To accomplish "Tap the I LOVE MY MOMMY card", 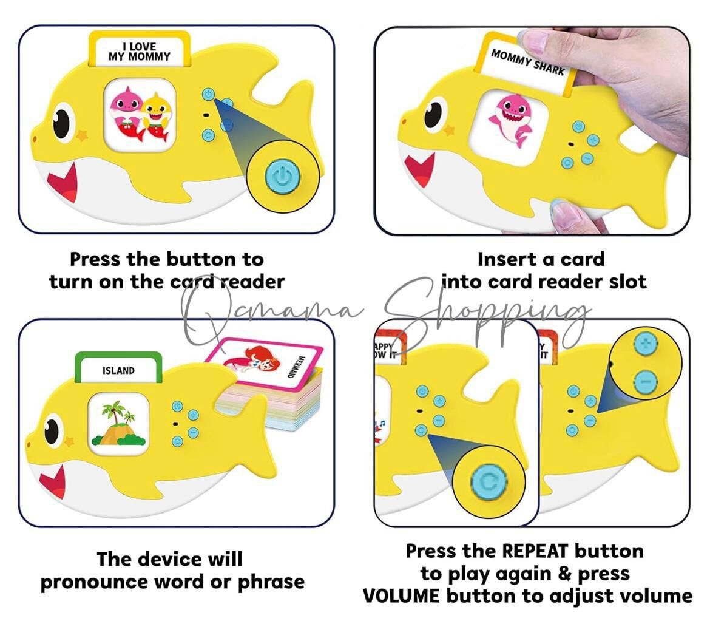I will (140, 52).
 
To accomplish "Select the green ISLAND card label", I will (118, 370).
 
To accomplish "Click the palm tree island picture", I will (118, 422).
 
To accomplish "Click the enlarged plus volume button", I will (645, 344).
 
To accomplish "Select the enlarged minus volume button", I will (645, 382).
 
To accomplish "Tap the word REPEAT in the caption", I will (536, 551).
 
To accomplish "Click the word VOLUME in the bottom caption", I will (401, 595).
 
